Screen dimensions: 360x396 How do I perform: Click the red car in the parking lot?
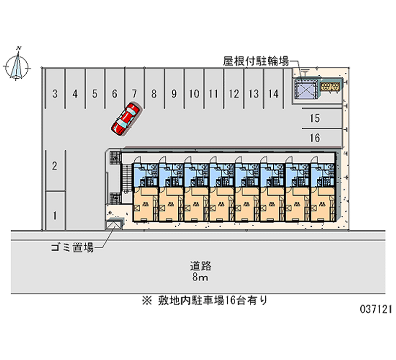pyautogui.click(x=125, y=119)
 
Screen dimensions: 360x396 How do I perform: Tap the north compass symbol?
pyautogui.click(x=18, y=65)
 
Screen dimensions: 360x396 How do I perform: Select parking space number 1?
pyautogui.click(x=55, y=215)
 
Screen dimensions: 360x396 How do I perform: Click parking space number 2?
pyautogui.click(x=55, y=166)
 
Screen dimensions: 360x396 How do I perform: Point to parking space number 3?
pyautogui.click(x=55, y=93)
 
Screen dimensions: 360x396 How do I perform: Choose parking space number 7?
pyautogui.click(x=134, y=93)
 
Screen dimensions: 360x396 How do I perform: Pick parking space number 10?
pyautogui.click(x=194, y=93)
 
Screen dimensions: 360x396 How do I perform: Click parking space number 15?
pyautogui.click(x=314, y=118)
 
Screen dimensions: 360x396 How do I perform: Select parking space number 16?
pyautogui.click(x=314, y=138)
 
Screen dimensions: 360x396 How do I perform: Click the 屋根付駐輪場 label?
pyautogui.click(x=256, y=61)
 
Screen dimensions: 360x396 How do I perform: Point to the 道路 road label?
pyautogui.click(x=201, y=265)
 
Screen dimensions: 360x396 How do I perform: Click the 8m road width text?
pyautogui.click(x=201, y=277)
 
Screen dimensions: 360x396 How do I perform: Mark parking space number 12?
pyautogui.click(x=234, y=93)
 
